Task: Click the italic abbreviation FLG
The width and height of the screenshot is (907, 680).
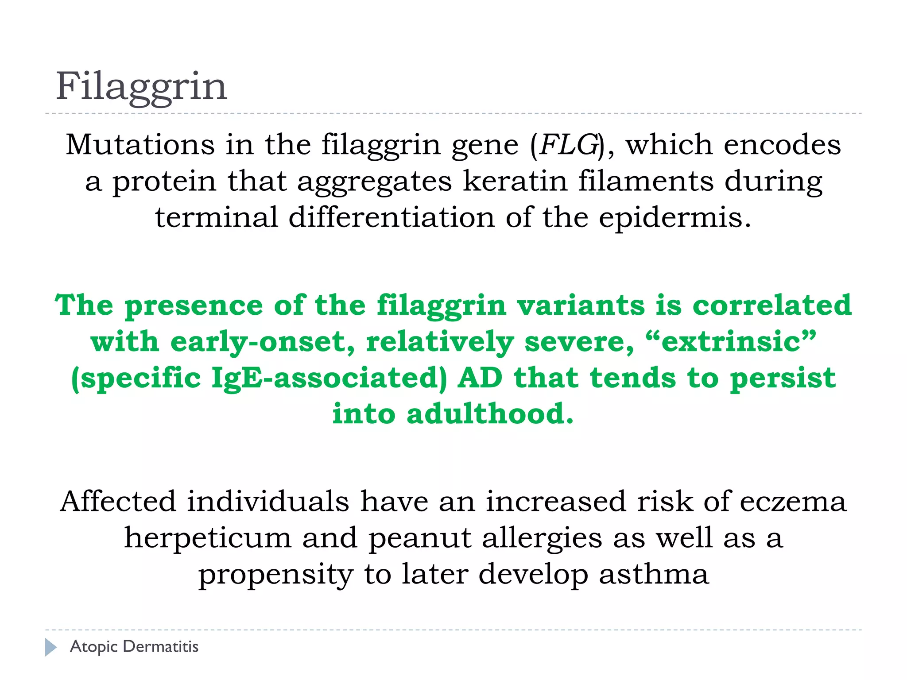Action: tap(569, 145)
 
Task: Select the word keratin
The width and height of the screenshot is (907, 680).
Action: tap(515, 181)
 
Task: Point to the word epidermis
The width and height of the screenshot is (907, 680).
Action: tap(675, 218)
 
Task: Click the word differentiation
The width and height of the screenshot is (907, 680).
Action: tap(391, 217)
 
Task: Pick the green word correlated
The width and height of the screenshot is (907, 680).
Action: tap(771, 305)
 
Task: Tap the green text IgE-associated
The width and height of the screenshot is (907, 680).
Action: tap(329, 378)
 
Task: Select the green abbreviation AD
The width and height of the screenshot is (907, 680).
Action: tap(480, 378)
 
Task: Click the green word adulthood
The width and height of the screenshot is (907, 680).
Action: tap(489, 414)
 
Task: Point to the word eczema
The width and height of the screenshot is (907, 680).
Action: tap(793, 502)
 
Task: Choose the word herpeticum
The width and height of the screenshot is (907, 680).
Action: tap(207, 538)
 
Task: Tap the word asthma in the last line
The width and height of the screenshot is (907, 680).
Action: tap(654, 574)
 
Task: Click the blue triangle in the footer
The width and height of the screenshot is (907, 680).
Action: tap(50, 647)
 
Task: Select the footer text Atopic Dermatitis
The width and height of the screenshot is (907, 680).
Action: tap(134, 647)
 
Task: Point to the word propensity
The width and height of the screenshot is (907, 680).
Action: tap(275, 574)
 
